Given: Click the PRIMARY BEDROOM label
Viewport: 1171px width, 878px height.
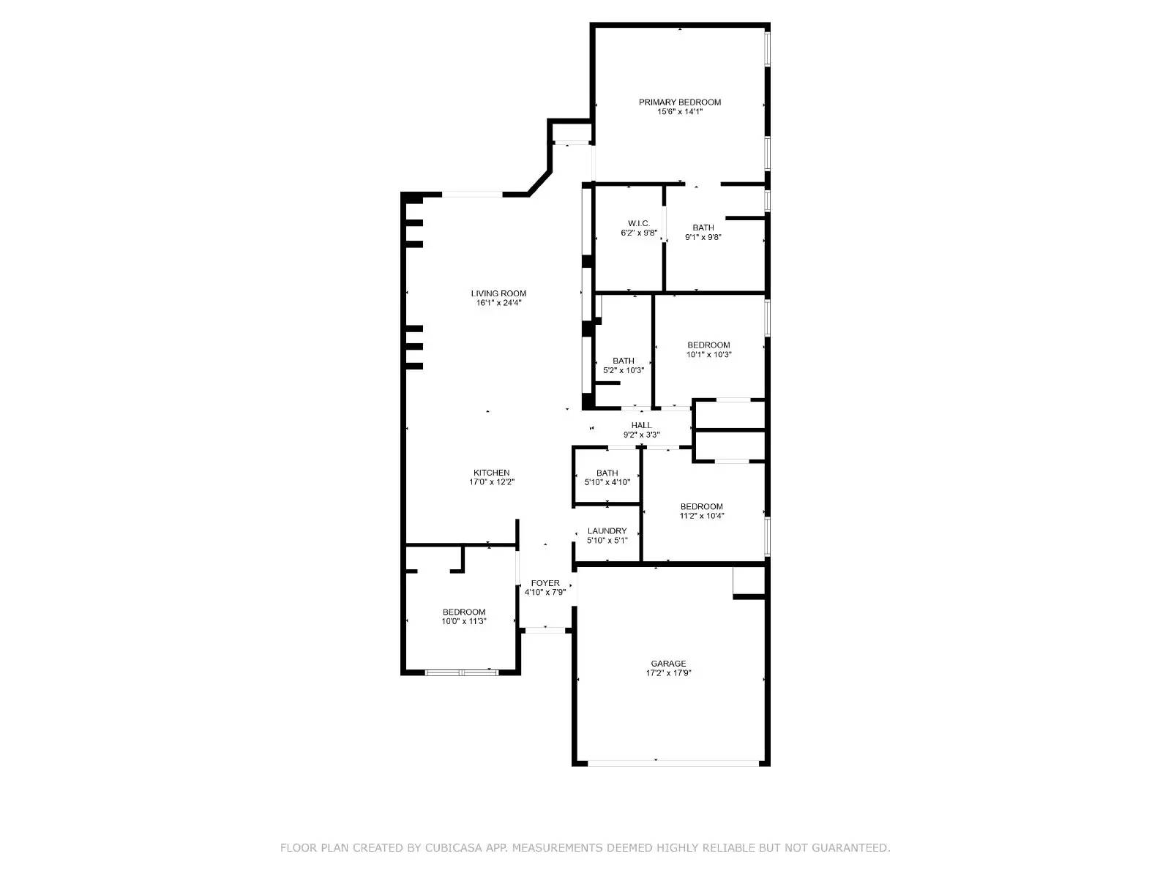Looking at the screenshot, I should (x=679, y=102).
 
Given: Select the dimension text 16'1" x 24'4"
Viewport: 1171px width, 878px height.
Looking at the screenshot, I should (x=498, y=303).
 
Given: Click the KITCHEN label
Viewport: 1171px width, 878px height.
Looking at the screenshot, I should (x=491, y=473).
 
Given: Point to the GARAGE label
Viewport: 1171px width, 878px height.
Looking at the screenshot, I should (x=668, y=664).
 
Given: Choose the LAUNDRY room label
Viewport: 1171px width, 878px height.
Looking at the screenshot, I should (x=607, y=531).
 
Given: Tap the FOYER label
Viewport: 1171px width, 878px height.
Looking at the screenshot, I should (x=545, y=583).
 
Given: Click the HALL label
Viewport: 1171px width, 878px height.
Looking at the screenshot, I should (x=641, y=425).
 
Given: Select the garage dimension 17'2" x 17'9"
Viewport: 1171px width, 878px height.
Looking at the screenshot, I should (x=668, y=673).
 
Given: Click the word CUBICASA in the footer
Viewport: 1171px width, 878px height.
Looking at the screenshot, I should (x=454, y=848).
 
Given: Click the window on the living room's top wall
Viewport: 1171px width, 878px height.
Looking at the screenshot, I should (x=472, y=194).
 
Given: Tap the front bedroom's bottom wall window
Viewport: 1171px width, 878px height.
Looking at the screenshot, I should (x=461, y=672).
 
